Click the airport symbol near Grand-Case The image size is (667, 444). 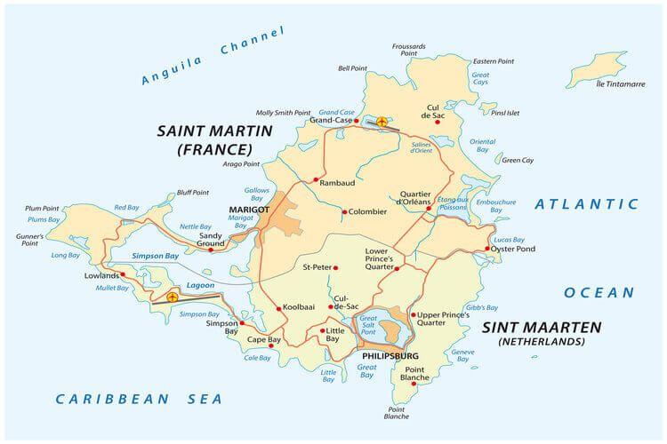[x=382, y=121]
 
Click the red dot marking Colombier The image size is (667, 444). [x=344, y=211]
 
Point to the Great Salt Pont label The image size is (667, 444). [x=368, y=323]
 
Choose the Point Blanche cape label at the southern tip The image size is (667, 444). [x=397, y=412]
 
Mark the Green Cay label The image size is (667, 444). [x=518, y=161]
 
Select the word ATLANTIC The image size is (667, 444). [x=586, y=204]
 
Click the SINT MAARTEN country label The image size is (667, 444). [x=541, y=327]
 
